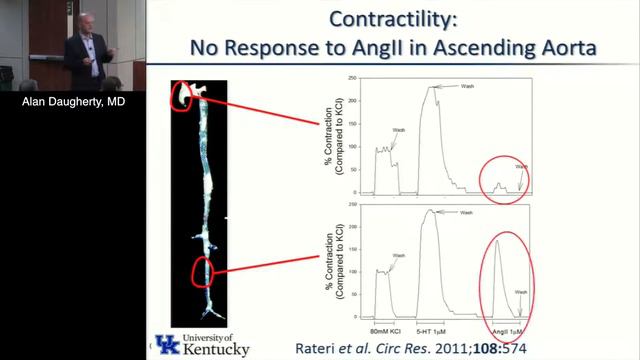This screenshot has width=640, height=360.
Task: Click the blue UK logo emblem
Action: pos(167,342)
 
